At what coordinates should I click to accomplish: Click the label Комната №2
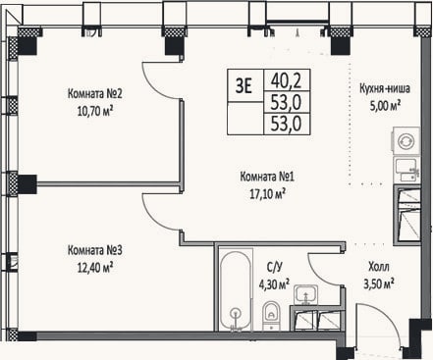(95, 94)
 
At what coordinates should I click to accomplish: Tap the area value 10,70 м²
(95, 112)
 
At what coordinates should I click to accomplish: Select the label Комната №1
(267, 177)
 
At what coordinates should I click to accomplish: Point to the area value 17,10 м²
(267, 194)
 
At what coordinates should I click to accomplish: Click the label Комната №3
(95, 250)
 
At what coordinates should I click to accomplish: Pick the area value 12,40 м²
(95, 268)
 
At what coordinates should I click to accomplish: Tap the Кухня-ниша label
(385, 88)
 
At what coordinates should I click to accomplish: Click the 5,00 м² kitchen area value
(386, 106)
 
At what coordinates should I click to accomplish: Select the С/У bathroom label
(274, 268)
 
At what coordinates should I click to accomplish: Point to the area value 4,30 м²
(274, 284)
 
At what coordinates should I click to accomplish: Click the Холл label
(379, 267)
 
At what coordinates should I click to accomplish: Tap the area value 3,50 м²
(379, 283)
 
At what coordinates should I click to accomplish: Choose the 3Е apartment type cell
(244, 86)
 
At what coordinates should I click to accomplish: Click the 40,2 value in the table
(286, 81)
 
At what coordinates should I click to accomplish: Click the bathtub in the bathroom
(236, 289)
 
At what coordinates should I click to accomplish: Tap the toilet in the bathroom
(271, 316)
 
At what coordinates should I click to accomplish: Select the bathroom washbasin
(305, 294)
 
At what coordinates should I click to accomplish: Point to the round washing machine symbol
(406, 141)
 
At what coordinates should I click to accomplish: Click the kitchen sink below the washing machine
(407, 170)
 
